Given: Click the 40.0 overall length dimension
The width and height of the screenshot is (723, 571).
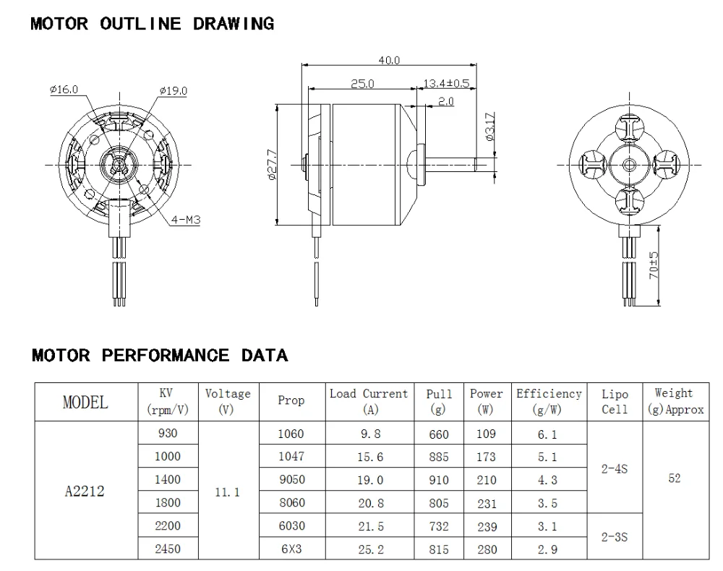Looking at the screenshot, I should pos(390,61).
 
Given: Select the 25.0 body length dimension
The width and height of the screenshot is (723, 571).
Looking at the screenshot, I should pos(362,84).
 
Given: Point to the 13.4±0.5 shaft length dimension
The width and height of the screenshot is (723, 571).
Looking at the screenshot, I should pos(446,84).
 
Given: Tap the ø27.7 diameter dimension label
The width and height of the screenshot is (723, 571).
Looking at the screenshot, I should pos(271,166).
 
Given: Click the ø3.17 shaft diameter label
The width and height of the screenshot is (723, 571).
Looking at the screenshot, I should pos(489,126).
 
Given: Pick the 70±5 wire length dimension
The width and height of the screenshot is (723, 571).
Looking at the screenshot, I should pos(654,265).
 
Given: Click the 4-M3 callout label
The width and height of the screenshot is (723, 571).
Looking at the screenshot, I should pos(185,219).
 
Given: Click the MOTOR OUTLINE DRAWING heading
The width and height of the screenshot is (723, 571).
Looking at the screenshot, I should pos(152,24).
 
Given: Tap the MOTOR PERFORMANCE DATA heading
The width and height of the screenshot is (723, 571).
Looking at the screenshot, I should pos(160,355).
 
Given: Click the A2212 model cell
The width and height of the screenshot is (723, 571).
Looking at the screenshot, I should pos(84,491).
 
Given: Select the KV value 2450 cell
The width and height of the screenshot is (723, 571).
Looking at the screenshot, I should pos(167,549).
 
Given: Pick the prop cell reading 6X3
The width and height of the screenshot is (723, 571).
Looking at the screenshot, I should pos(291,549).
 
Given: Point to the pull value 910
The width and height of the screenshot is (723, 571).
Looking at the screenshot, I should pos(438,480).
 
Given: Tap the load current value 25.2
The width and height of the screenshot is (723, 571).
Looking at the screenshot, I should pos(370,549).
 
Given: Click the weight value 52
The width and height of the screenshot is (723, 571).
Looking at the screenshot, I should pos(674,478).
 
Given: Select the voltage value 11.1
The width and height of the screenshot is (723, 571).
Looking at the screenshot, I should pos(228,491).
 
